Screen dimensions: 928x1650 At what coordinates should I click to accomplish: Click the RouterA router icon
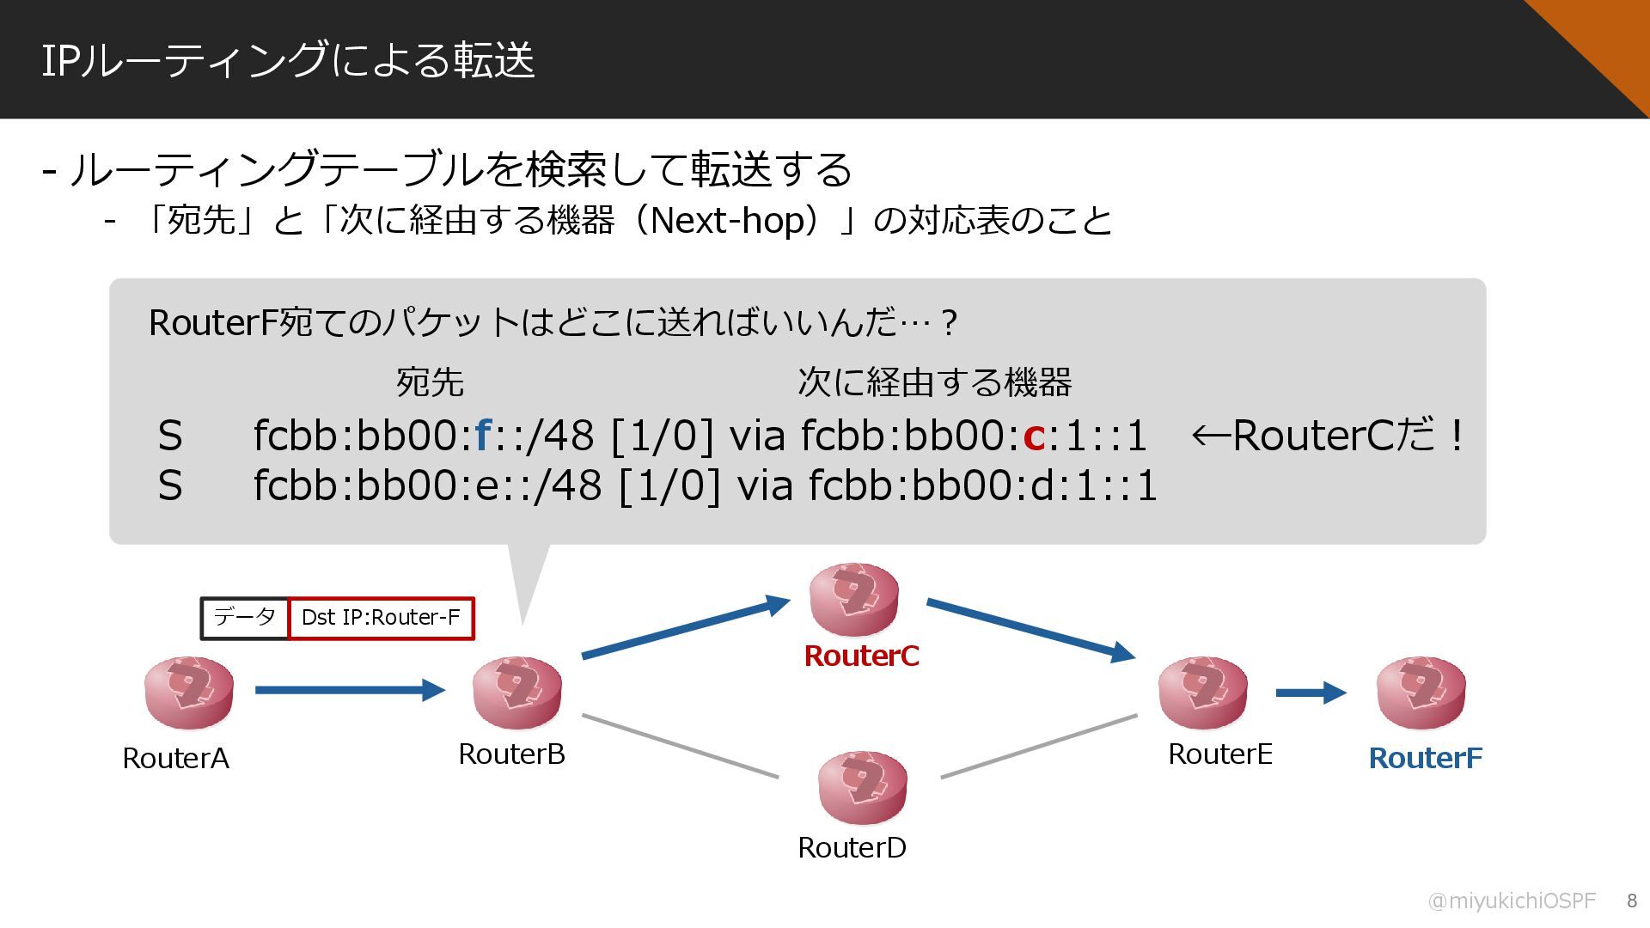pyautogui.click(x=188, y=693)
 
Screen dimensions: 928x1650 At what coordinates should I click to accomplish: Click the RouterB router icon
pyautogui.click(x=516, y=693)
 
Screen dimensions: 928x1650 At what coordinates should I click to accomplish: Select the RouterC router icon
pyautogui.click(x=853, y=599)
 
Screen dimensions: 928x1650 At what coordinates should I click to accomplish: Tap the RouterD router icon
pyautogui.click(x=862, y=787)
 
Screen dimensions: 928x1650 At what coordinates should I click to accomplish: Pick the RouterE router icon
pyautogui.click(x=1202, y=693)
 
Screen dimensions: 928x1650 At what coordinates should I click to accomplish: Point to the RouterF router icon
pyautogui.click(x=1421, y=693)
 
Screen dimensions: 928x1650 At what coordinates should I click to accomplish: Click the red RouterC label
pyautogui.click(x=861, y=656)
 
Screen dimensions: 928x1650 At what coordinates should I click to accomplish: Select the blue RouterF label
pyautogui.click(x=1425, y=758)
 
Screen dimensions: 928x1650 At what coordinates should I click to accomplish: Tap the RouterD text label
pyautogui.click(x=852, y=847)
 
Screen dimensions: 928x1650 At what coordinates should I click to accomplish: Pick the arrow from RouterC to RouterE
pyautogui.click(x=1030, y=631)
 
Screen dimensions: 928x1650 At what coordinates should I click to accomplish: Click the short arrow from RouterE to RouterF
pyautogui.click(x=1311, y=693)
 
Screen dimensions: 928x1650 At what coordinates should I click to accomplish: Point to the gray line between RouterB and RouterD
pyautogui.click(x=680, y=746)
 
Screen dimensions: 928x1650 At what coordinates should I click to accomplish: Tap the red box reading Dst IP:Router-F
pyautogui.click(x=381, y=618)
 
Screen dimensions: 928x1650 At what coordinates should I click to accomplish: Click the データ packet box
pyautogui.click(x=244, y=618)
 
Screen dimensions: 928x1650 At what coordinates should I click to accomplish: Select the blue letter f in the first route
pyautogui.click(x=482, y=436)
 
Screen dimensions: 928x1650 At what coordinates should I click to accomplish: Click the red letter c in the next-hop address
pyautogui.click(x=1034, y=436)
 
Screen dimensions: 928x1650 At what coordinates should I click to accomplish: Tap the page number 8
pyautogui.click(x=1631, y=901)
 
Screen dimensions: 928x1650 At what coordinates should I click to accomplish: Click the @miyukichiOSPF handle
pyautogui.click(x=1511, y=901)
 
